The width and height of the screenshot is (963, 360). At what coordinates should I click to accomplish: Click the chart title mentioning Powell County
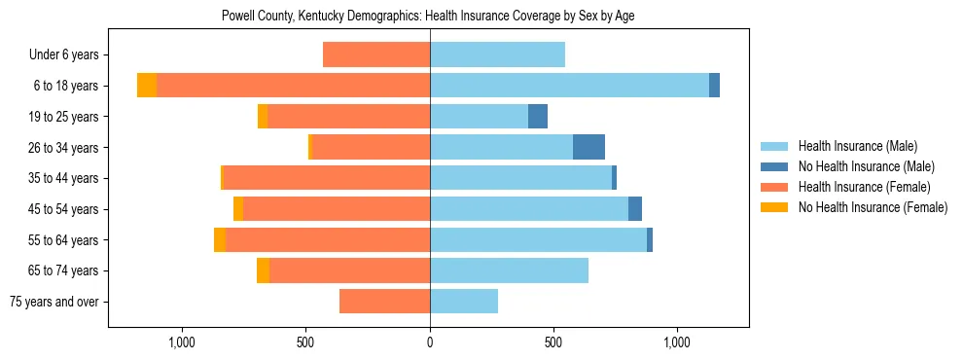(x=428, y=17)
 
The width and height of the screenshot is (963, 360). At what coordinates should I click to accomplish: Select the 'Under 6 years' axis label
(x=63, y=55)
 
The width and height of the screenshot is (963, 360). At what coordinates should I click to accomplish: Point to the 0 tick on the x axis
(x=430, y=342)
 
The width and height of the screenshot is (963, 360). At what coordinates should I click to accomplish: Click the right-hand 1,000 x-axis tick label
(x=677, y=342)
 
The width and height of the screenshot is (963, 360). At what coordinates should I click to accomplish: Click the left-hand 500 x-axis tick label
(x=305, y=342)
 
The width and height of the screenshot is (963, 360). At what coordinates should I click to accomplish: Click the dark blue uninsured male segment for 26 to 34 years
(x=588, y=147)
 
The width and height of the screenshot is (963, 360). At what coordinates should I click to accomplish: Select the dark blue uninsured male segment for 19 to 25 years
(x=538, y=117)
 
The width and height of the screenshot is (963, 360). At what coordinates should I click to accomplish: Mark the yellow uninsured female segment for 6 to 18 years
(x=147, y=86)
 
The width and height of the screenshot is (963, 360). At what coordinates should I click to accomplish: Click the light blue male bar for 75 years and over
(x=464, y=302)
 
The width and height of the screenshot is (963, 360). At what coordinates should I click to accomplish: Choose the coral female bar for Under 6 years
(x=376, y=54)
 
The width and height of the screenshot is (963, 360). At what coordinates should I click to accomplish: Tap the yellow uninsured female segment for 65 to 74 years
(x=263, y=270)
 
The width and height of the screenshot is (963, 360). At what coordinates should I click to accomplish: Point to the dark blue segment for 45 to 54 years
(x=635, y=209)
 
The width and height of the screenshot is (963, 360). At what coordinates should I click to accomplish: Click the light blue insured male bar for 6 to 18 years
(x=569, y=86)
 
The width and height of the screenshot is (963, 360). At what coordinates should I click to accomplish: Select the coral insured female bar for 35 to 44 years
(x=327, y=178)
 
